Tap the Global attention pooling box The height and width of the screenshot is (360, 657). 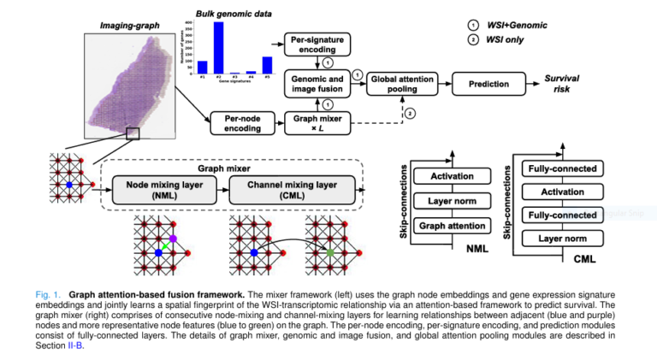tap(400, 83)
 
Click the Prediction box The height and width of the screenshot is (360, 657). tap(488, 83)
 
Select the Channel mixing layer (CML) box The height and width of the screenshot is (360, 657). tap(280, 189)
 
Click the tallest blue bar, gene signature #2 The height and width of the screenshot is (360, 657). tap(218, 48)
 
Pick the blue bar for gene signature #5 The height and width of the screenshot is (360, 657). tap(267, 65)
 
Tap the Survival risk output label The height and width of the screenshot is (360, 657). tap(562, 83)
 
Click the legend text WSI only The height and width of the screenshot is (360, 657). tap(508, 39)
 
